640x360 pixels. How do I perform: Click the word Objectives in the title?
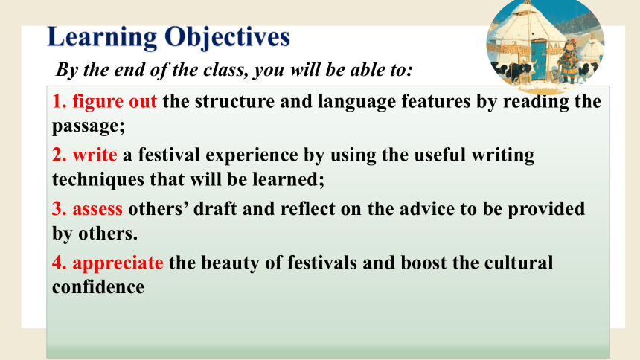pyautogui.click(x=227, y=37)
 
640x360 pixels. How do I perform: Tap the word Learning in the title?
pyautogui.click(x=103, y=37)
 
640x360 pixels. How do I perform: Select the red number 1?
pyautogui.click(x=60, y=101)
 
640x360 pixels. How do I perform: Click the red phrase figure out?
pyautogui.click(x=115, y=102)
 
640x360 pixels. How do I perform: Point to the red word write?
pyautogui.click(x=95, y=155)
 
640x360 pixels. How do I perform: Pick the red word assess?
pyautogui.click(x=97, y=210)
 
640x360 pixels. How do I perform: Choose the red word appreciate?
pyautogui.click(x=118, y=263)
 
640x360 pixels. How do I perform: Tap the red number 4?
pyautogui.click(x=60, y=263)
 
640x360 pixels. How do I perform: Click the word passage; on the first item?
pyautogui.click(x=89, y=127)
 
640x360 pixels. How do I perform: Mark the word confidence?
pyautogui.click(x=98, y=287)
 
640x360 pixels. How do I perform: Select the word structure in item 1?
pyautogui.click(x=234, y=102)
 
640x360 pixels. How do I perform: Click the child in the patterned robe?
pyautogui.click(x=568, y=61)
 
